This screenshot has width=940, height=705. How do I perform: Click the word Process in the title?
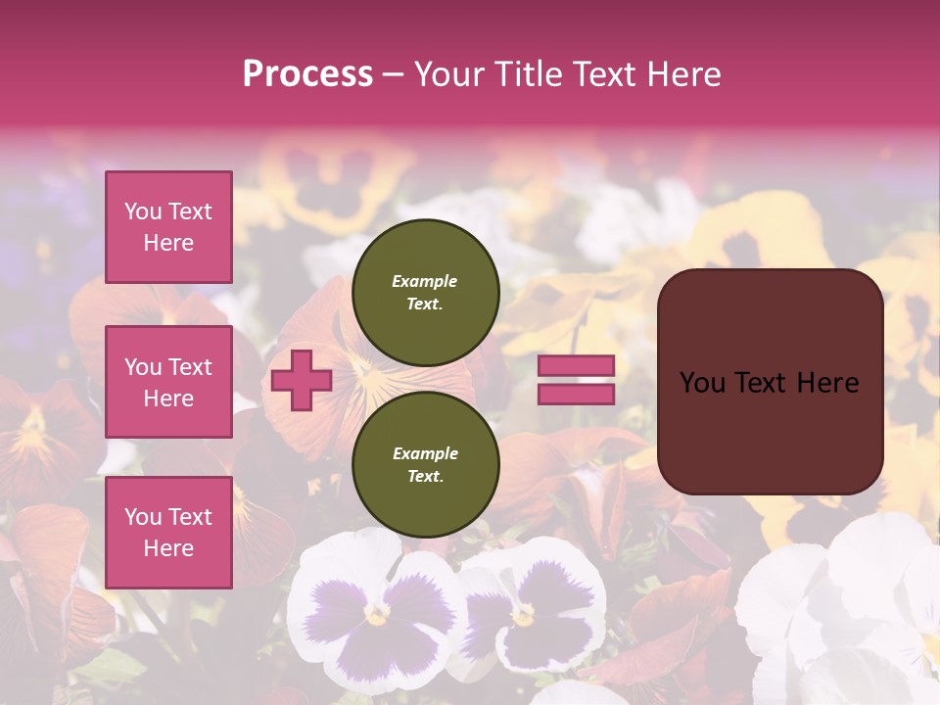pyautogui.click(x=307, y=74)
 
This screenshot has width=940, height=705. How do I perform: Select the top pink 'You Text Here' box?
pyautogui.click(x=168, y=227)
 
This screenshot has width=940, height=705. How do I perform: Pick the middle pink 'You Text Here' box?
pyautogui.click(x=168, y=382)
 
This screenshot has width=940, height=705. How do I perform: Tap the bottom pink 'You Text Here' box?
pyautogui.click(x=168, y=533)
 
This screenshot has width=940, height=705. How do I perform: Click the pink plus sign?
pyautogui.click(x=302, y=381)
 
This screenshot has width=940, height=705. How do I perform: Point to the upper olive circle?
pyautogui.click(x=425, y=292)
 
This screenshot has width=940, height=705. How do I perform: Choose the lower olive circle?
pyautogui.click(x=425, y=464)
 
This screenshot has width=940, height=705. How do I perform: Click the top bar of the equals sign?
pyautogui.click(x=576, y=365)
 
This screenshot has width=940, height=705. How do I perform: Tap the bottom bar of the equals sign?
pyautogui.click(x=576, y=395)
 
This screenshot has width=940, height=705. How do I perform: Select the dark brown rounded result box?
pyautogui.click(x=770, y=382)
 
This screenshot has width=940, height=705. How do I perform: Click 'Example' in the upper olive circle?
pyautogui.click(x=425, y=281)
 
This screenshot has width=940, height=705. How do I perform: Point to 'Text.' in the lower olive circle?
pyautogui.click(x=425, y=476)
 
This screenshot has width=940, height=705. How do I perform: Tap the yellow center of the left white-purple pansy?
pyautogui.click(x=377, y=614)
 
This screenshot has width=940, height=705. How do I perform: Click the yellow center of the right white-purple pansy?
pyautogui.click(x=524, y=615)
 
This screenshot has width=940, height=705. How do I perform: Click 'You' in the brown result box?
pyautogui.click(x=702, y=383)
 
